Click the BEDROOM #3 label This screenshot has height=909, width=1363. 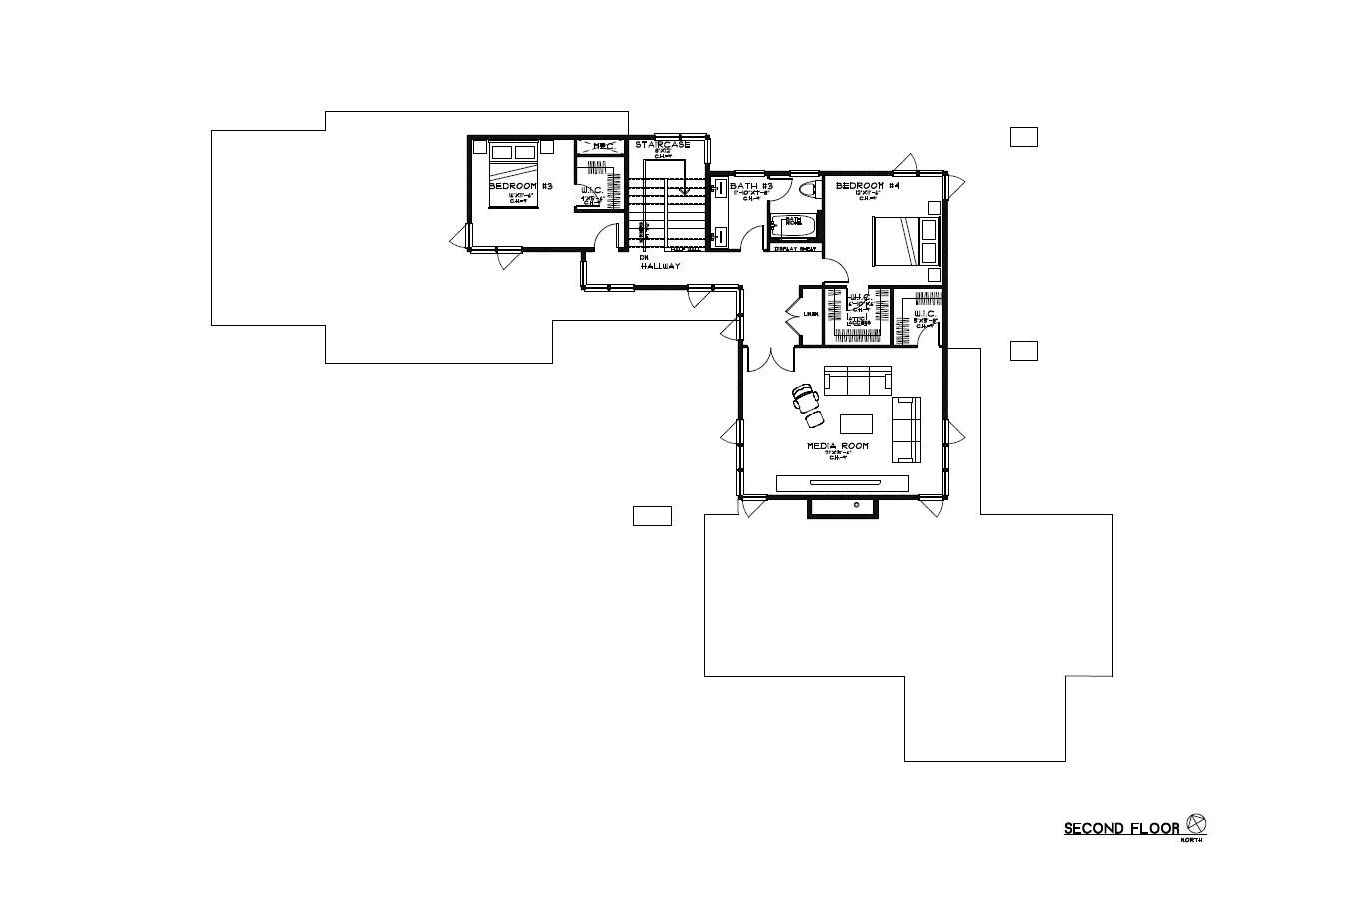tap(520, 186)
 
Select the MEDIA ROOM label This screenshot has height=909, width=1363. tap(838, 445)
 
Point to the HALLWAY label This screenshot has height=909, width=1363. tap(661, 266)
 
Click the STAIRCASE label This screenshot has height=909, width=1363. tap(662, 145)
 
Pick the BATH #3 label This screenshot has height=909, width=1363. tap(752, 186)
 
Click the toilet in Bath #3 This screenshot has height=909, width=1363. tap(809, 188)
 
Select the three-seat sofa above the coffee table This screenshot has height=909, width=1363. tap(857, 380)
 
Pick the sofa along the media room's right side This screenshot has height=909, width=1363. tap(906, 430)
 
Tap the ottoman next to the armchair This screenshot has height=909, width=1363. tap(815, 416)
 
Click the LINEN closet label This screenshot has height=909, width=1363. tap(812, 314)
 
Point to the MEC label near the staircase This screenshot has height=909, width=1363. tap(602, 147)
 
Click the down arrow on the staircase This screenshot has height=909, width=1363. tap(685, 189)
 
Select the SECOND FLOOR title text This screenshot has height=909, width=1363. tap(1121, 828)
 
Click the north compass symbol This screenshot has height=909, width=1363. tap(1196, 825)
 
